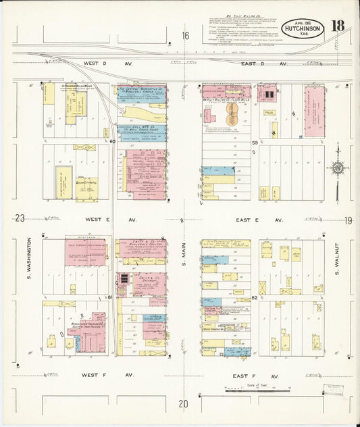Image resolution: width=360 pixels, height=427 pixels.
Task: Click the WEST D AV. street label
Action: pos(101,63)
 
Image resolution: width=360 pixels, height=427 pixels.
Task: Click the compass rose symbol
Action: pos(337,167)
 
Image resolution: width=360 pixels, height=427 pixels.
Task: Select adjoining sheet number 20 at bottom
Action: pos(183,404)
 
